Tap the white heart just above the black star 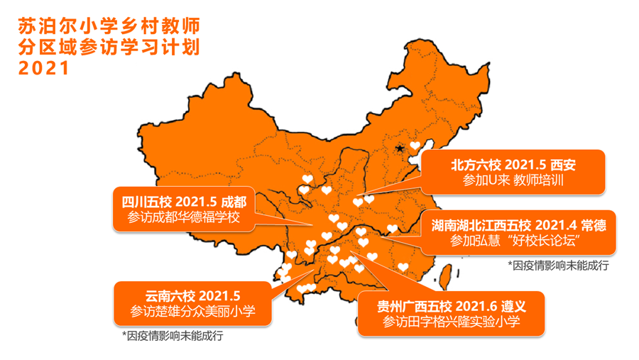pos(415,146)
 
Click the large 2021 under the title pos(43,69)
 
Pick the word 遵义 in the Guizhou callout pos(510,305)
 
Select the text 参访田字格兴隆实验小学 pos(452,322)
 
